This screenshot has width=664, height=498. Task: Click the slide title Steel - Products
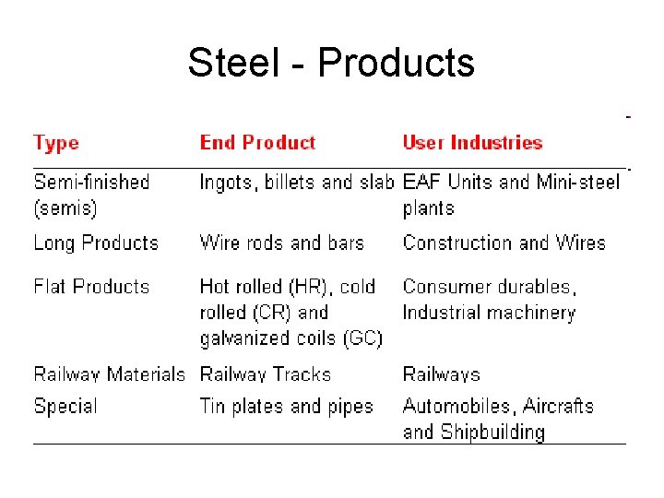(331, 63)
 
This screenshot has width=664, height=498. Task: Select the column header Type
(56, 143)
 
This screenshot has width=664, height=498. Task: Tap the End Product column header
(257, 143)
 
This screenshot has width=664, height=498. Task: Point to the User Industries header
(472, 143)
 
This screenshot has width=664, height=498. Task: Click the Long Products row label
(96, 243)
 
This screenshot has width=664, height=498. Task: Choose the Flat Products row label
(91, 287)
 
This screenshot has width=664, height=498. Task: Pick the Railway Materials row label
(109, 374)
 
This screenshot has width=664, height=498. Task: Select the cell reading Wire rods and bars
(281, 243)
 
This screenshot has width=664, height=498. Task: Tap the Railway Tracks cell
(265, 374)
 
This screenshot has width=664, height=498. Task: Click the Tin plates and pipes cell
(286, 406)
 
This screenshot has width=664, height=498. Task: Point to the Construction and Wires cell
(504, 243)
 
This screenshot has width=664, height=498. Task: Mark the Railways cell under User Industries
(441, 374)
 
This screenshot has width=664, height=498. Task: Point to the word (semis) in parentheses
(65, 208)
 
